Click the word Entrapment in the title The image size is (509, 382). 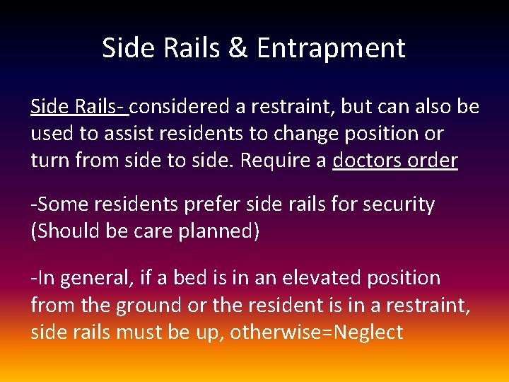coord(331,48)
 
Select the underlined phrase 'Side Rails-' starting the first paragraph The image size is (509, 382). coord(79,107)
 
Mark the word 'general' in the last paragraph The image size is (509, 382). coord(91,278)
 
